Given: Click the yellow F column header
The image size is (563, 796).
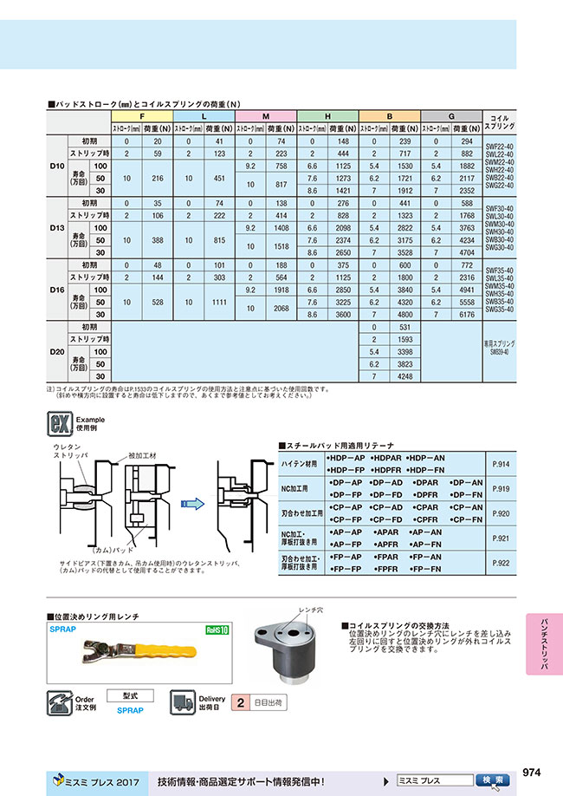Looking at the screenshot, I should tap(142, 115).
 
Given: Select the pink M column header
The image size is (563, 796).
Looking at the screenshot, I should tap(265, 115).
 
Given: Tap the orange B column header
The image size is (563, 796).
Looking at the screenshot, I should tap(390, 115).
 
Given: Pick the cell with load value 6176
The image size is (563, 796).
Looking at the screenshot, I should tap(466, 314).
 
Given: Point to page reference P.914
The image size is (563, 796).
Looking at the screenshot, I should tap(501, 464).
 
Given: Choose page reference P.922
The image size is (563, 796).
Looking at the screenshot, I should tap(501, 562).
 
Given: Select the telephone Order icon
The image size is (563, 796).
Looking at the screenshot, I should tap(60, 702).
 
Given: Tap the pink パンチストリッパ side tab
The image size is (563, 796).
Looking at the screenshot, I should tap(543, 642).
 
